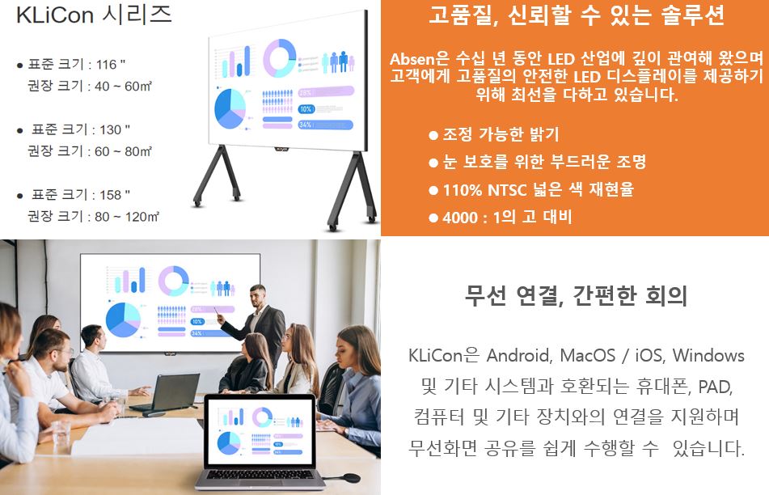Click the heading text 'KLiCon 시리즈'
(x=94, y=14)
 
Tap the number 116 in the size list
(x=106, y=64)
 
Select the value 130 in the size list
(x=110, y=129)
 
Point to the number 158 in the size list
(x=110, y=195)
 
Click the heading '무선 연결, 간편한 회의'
(x=576, y=295)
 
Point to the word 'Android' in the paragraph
(x=519, y=355)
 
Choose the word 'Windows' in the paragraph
(x=708, y=355)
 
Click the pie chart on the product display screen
(x=230, y=109)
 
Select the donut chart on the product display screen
(x=280, y=58)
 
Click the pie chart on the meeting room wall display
(x=123, y=319)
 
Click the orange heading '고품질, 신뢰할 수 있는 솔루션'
(x=577, y=15)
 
